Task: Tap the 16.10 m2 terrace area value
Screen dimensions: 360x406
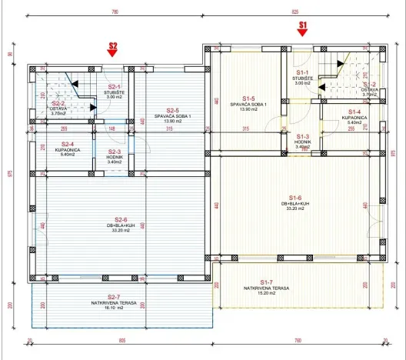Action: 113,308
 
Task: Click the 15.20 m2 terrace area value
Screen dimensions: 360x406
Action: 266,293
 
